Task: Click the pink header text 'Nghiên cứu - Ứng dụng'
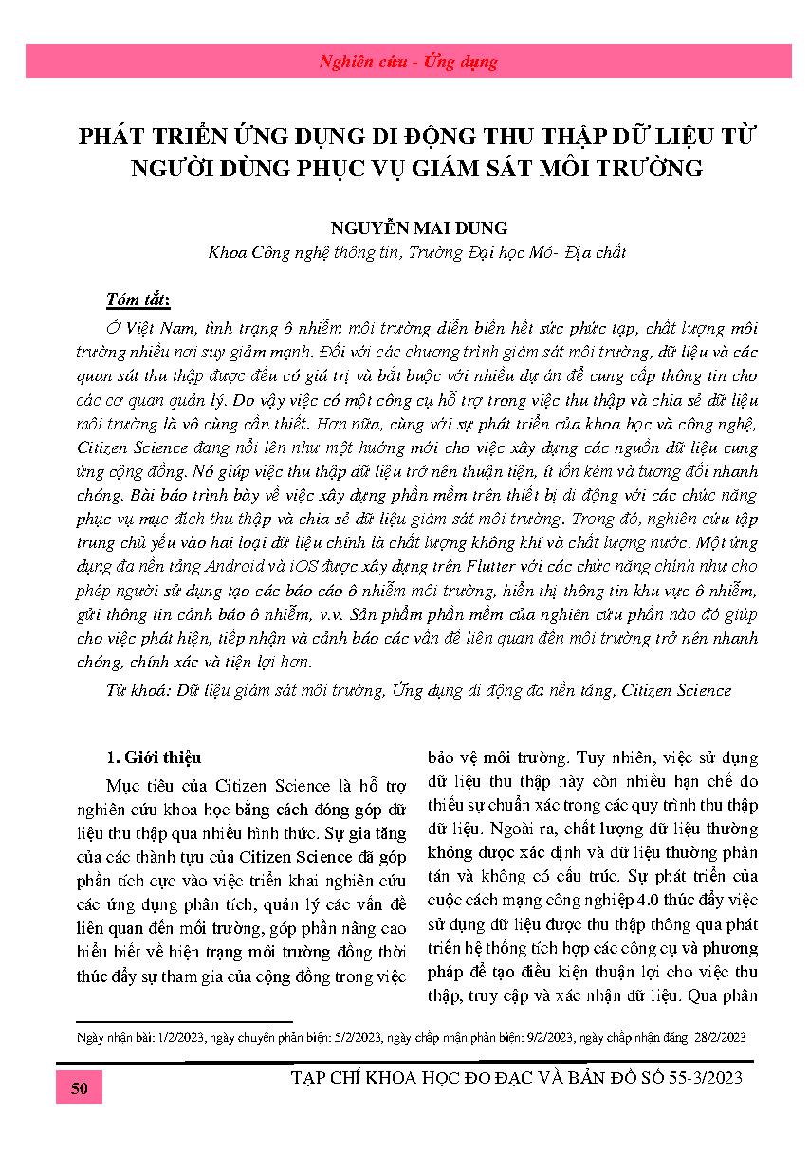pos(408,63)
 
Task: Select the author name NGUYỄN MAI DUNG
pos(404,228)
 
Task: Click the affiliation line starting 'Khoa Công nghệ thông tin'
pos(416,253)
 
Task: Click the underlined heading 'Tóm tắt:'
pos(138,301)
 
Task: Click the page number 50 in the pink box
pos(79,1088)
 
